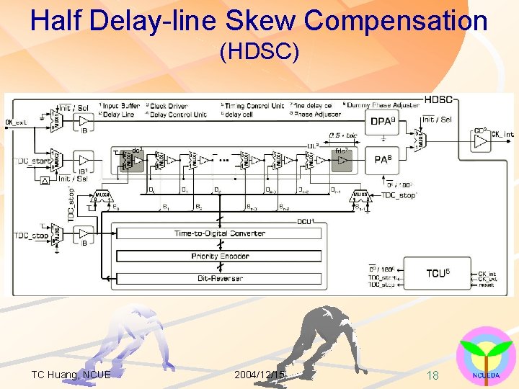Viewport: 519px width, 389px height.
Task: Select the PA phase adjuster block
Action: pyautogui.click(x=381, y=159)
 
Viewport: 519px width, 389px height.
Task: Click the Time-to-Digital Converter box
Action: pyautogui.click(x=219, y=233)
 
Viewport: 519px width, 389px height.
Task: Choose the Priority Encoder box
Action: pyautogui.click(x=219, y=256)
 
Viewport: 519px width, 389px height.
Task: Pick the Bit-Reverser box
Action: pyautogui.click(x=219, y=278)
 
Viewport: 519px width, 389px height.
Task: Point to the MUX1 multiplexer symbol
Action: pyautogui.click(x=56, y=119)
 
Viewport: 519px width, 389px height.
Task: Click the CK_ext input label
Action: pyautogui.click(x=16, y=122)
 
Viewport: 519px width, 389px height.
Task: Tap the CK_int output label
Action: pyautogui.click(x=502, y=134)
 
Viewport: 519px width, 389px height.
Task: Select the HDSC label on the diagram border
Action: pyautogui.click(x=438, y=99)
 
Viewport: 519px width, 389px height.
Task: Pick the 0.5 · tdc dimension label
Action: pyautogui.click(x=344, y=135)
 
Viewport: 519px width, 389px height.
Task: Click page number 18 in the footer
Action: pyautogui.click(x=432, y=375)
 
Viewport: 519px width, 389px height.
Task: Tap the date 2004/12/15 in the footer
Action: pyautogui.click(x=259, y=375)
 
